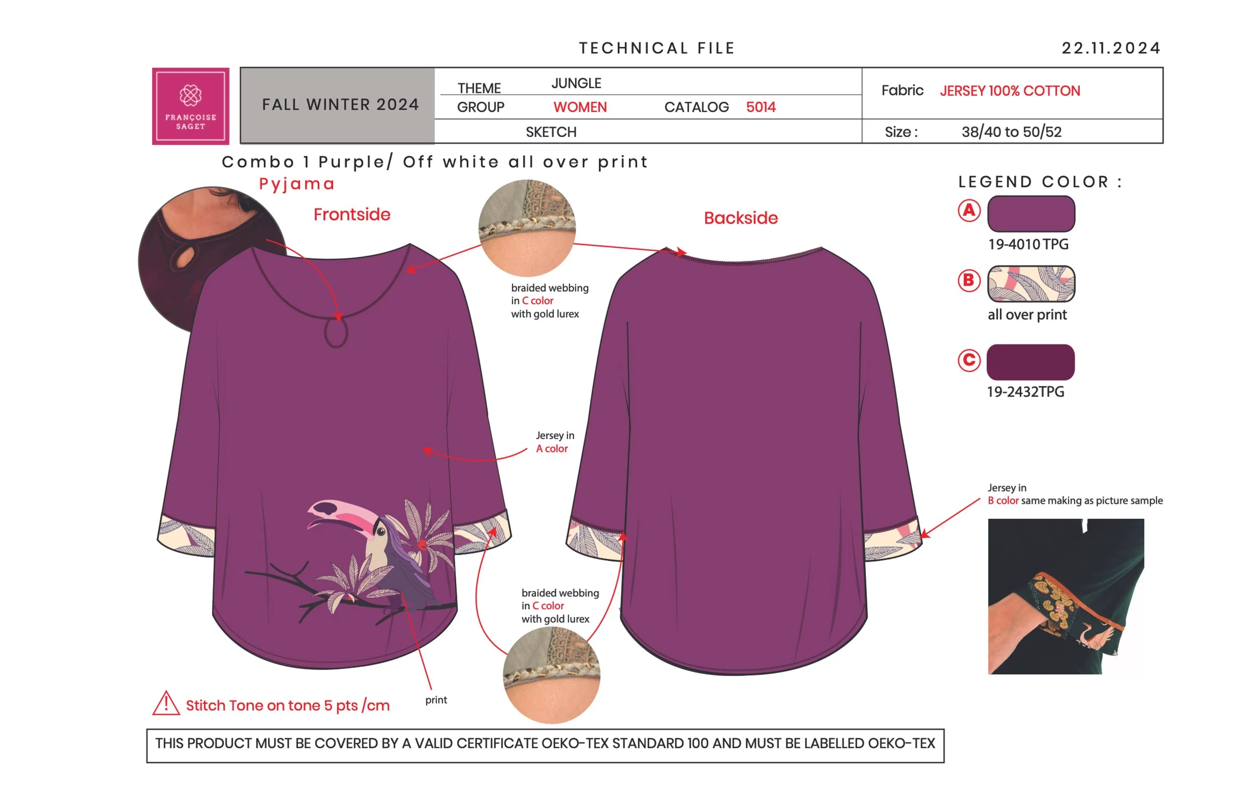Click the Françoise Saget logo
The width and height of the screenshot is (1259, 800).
click(190, 106)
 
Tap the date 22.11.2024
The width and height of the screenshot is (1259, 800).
click(1110, 48)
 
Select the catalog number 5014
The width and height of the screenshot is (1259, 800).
click(761, 107)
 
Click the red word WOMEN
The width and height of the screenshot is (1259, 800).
click(580, 107)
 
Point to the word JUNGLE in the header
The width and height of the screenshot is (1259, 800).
click(576, 83)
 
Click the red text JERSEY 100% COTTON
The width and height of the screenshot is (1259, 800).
click(1010, 91)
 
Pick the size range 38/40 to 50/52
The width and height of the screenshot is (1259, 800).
click(1011, 132)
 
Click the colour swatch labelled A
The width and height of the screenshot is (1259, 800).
click(1030, 213)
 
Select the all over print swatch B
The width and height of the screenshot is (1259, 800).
click(1030, 284)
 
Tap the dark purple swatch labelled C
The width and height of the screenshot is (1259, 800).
click(1030, 362)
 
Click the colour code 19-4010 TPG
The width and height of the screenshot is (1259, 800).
click(1028, 244)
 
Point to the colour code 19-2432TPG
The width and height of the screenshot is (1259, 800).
click(1025, 391)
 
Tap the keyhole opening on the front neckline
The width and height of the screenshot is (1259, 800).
click(336, 332)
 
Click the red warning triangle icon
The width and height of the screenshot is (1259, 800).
click(166, 703)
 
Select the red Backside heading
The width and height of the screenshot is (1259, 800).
click(740, 218)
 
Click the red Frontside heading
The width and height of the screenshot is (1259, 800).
click(352, 215)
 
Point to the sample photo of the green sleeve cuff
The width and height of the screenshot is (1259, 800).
click(1066, 596)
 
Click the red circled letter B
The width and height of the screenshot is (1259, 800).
click(969, 281)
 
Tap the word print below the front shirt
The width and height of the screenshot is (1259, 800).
click(436, 700)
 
